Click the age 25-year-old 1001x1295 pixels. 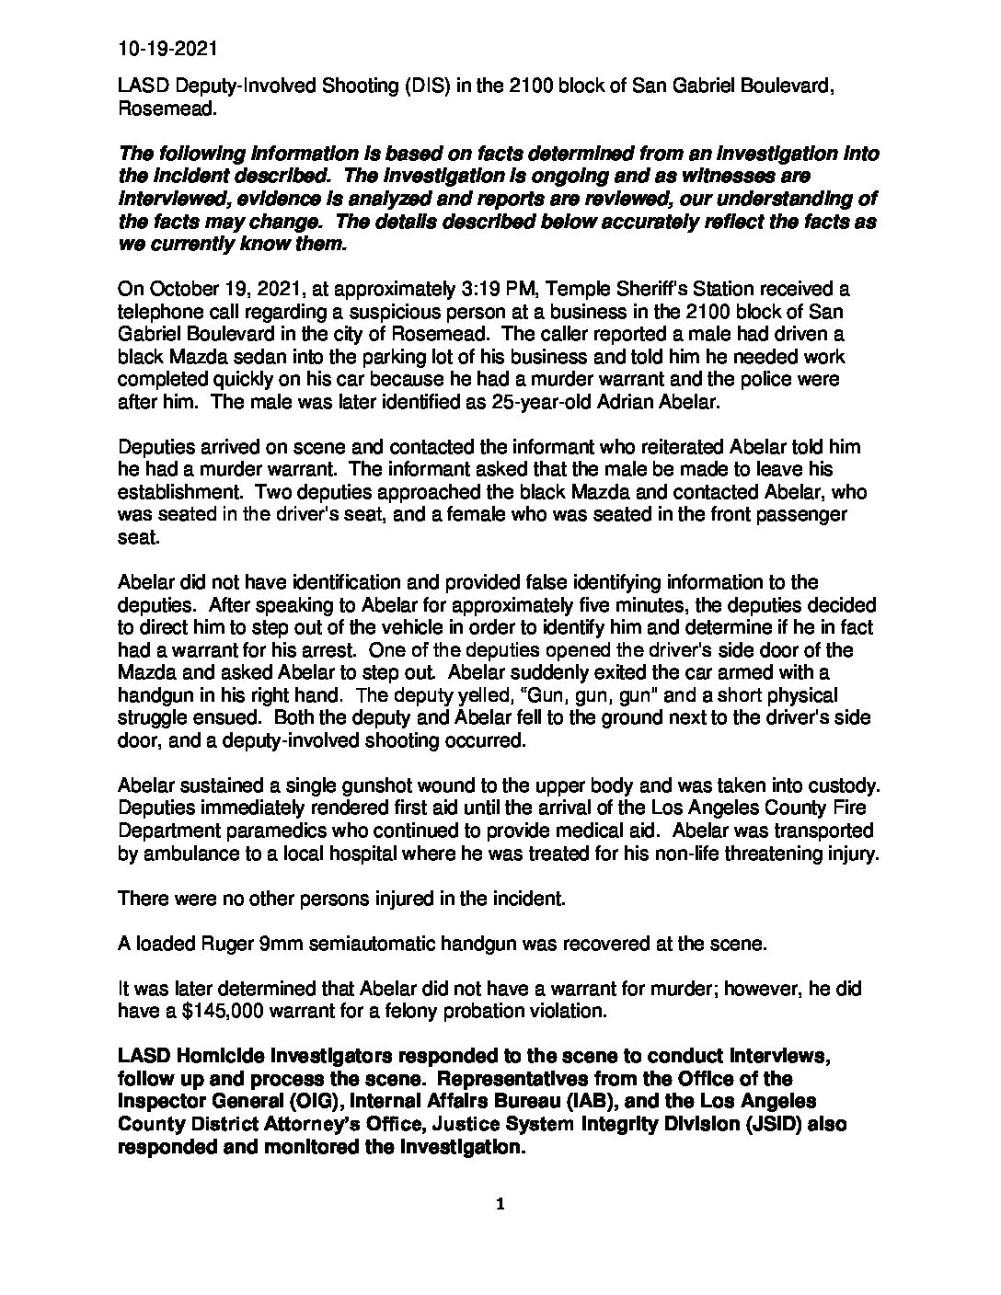pyautogui.click(x=420, y=402)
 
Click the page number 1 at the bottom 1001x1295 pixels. pyautogui.click(x=500, y=1204)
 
